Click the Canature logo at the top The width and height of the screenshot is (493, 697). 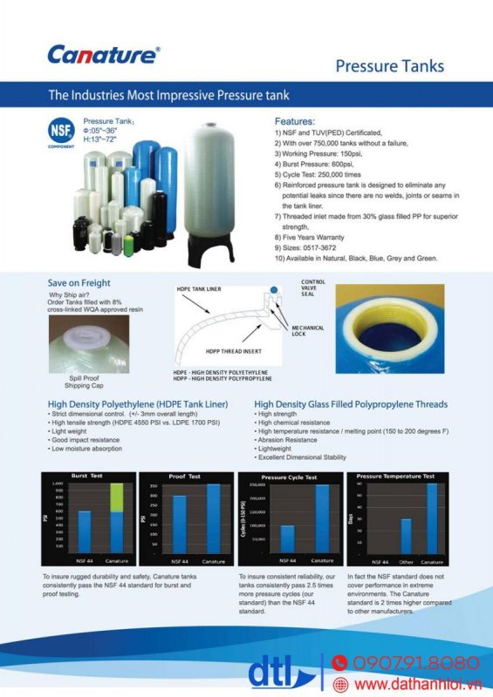[103, 55]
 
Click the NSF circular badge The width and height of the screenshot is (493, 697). [60, 132]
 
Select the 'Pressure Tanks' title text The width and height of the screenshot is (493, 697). [389, 66]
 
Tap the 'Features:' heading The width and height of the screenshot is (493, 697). [295, 121]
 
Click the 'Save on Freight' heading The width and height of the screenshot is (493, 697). [79, 283]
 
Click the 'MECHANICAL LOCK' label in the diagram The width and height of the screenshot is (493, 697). [308, 331]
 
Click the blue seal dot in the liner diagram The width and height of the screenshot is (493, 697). [275, 288]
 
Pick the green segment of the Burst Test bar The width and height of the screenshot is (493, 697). [116, 497]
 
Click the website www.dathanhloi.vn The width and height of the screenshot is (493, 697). [418, 685]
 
